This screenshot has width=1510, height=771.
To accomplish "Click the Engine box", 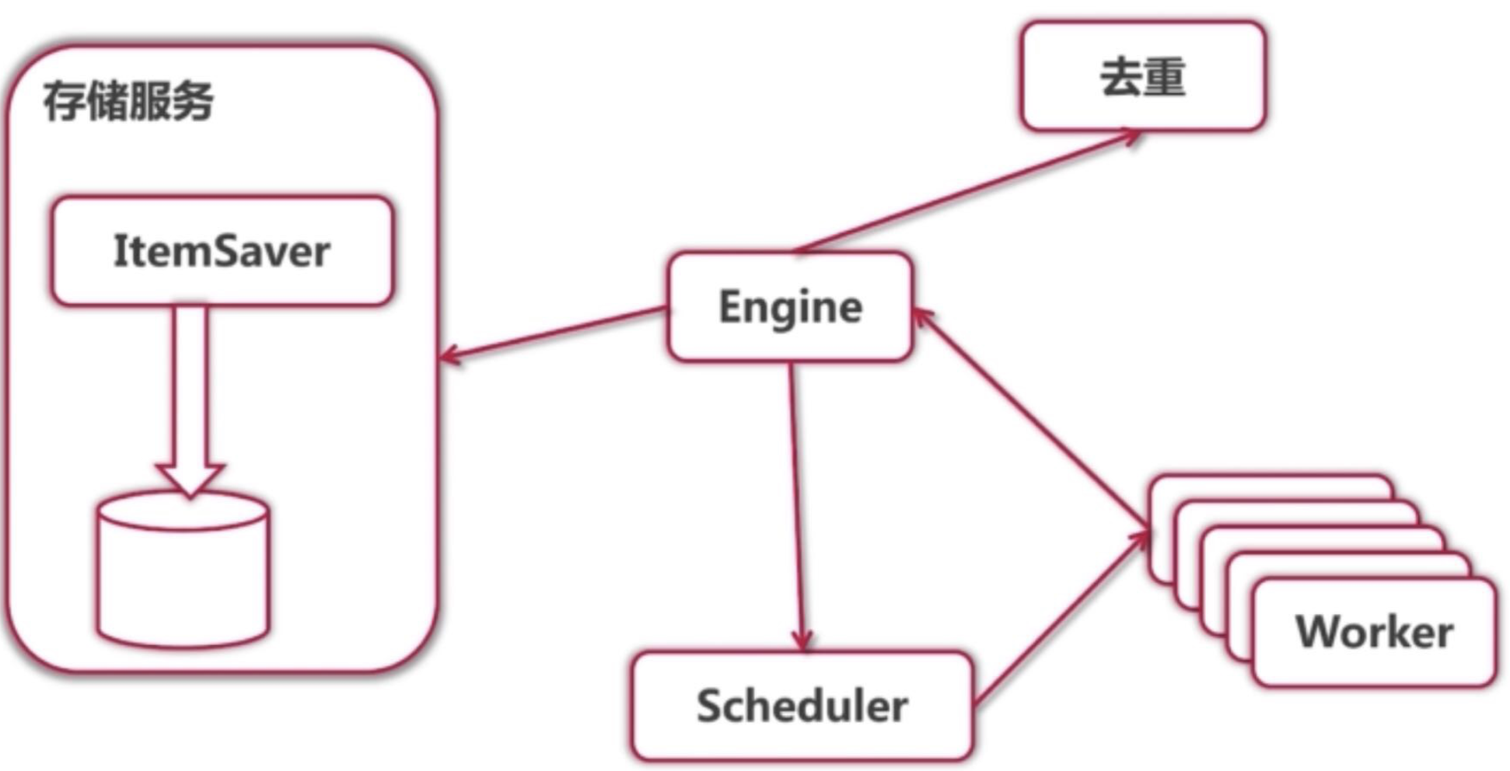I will pyautogui.click(x=789, y=306).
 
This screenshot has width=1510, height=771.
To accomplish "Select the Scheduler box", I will pyautogui.click(x=802, y=706).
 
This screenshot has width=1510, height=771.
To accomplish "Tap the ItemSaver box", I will pyautogui.click(x=222, y=250).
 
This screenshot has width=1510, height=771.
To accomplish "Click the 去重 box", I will pyautogui.click(x=1142, y=76).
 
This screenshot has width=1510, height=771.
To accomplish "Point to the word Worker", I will pyautogui.click(x=1374, y=631).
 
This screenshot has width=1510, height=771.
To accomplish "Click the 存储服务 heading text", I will pyautogui.click(x=128, y=101).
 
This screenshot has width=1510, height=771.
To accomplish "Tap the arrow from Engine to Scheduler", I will pyautogui.click(x=796, y=505).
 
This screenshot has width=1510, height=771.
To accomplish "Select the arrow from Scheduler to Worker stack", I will pyautogui.click(x=1061, y=618).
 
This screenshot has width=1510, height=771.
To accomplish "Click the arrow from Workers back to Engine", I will pyautogui.click(x=1030, y=420).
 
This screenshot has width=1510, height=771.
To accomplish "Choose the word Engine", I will pyautogui.click(x=789, y=306).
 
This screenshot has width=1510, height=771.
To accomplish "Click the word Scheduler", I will pyautogui.click(x=802, y=706).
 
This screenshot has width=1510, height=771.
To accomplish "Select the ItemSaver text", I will pyautogui.click(x=222, y=250).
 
